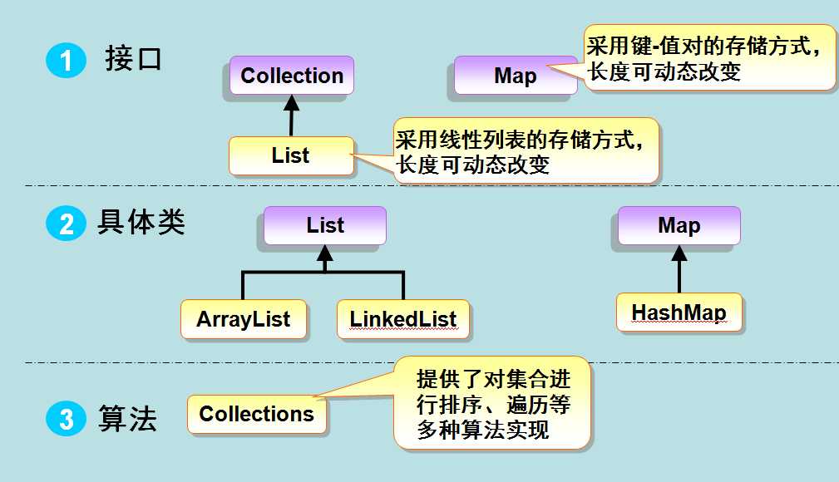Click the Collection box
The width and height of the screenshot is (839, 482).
pos(292,76)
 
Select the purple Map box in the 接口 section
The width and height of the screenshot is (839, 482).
pos(516,76)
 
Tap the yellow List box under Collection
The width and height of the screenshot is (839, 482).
pos(291,155)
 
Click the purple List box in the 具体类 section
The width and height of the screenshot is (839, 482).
pos(325,225)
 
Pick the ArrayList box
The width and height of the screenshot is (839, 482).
pos(244,319)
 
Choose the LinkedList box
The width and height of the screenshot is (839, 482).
pos(403,319)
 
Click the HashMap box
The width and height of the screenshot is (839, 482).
pos(679,312)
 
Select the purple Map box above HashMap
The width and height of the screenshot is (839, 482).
pos(679,225)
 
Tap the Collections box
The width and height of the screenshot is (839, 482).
pos(257,414)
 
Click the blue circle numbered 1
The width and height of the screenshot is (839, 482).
pos(66,60)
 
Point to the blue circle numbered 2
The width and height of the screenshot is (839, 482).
pos(66,224)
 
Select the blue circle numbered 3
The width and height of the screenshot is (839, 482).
pos(66,418)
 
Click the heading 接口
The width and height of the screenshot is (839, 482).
pos(133,58)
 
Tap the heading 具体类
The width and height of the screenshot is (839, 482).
pos(141,222)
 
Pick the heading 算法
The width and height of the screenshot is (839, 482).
pos(127,418)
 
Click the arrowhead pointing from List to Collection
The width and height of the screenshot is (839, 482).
pos(292,103)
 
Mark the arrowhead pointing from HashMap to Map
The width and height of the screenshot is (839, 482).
pos(679,253)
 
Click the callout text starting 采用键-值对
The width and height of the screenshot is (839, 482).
pos(703,58)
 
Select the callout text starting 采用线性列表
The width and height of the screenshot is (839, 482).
pos(519,152)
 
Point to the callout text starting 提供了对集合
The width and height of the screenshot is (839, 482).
pos(493,405)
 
